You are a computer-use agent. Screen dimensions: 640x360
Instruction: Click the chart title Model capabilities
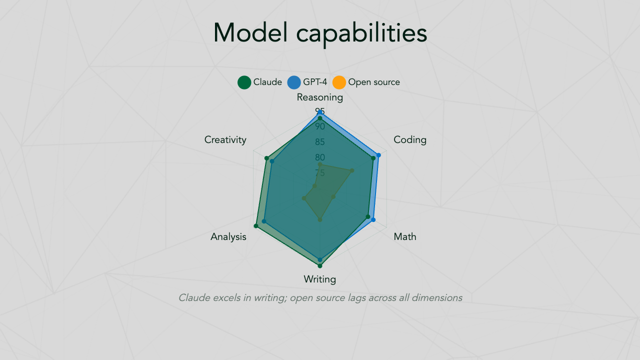pos(320,33)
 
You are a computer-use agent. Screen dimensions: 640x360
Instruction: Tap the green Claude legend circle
pos(244,82)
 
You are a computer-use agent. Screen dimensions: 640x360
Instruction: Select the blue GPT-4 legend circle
pos(294,82)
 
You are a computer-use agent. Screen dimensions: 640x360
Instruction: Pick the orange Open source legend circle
pos(339,82)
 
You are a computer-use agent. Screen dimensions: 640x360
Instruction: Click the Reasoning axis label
pos(319,97)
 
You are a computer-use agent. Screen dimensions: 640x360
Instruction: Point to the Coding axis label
pos(410,140)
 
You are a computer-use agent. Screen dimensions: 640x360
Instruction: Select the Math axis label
pos(405,237)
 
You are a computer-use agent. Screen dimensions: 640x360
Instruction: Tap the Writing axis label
pos(319,279)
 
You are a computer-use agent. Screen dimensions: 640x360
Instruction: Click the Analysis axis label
pos(228,237)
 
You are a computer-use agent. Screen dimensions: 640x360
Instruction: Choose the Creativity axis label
pos(225,140)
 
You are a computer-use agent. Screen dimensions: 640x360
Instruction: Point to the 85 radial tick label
pos(320,142)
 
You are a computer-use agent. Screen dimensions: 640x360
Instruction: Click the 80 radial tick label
pos(320,157)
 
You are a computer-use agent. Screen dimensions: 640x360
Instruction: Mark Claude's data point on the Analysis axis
pos(256,226)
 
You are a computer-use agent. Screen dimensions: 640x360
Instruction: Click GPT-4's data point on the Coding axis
pos(378,155)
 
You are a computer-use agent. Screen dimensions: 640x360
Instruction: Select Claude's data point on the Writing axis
pos(320,266)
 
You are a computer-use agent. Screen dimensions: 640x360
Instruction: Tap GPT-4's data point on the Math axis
pos(373,220)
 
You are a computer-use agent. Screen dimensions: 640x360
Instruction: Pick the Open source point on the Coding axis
pos(352,170)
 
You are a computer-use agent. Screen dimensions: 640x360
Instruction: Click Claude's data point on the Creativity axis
pos(266,158)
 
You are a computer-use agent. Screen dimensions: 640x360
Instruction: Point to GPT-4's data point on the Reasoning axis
pos(320,112)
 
